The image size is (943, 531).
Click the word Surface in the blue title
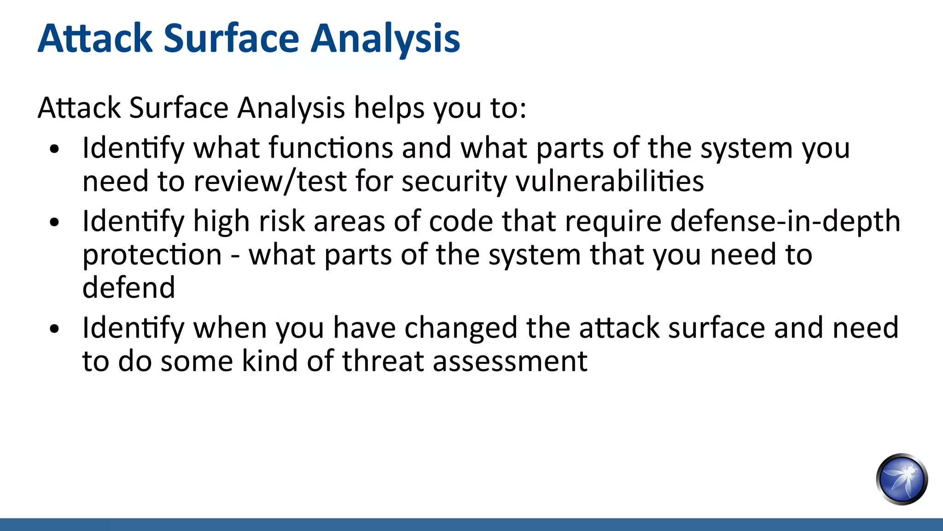[x=231, y=39]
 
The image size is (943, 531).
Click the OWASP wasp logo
[x=902, y=479]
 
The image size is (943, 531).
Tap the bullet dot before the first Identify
[x=55, y=149]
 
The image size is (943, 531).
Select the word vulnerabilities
[x=610, y=181]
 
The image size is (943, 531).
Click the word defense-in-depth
[x=785, y=222]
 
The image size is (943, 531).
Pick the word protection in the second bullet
[x=152, y=255]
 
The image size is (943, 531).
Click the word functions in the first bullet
[x=331, y=148]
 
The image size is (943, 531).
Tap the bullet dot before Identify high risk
[x=55, y=223]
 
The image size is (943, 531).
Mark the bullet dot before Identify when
[x=55, y=329]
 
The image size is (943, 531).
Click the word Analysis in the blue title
[x=385, y=39]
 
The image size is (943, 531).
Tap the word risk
[x=282, y=222]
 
